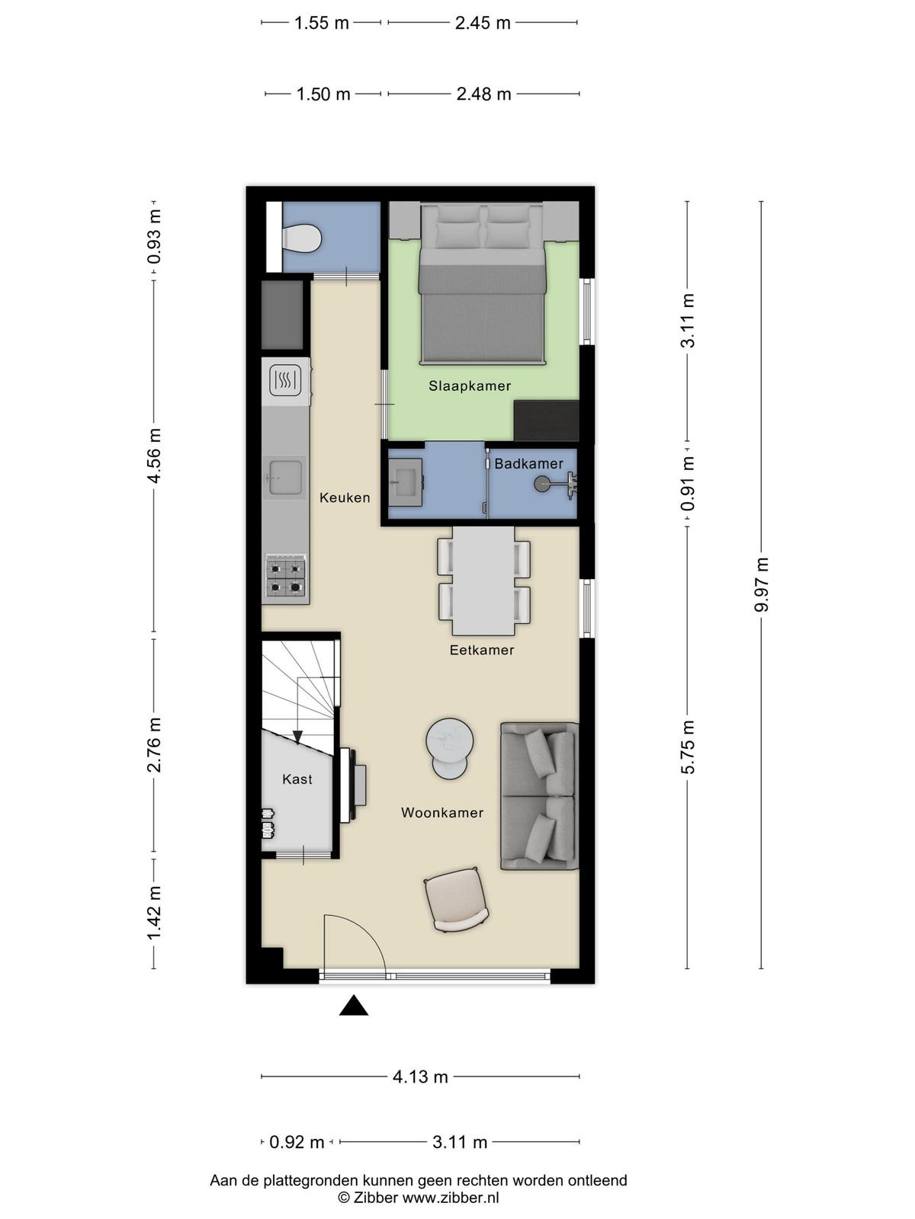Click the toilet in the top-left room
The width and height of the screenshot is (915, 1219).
click(302, 238)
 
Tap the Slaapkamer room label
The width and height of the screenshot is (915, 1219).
click(470, 386)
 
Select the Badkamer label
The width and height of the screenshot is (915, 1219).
click(528, 463)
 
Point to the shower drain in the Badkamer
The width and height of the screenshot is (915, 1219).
click(541, 485)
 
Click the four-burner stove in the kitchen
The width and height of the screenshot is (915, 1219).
click(285, 578)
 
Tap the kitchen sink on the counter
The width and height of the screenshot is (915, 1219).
click(284, 478)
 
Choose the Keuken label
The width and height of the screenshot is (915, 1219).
click(345, 498)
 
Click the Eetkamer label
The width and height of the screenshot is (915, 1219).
click(482, 650)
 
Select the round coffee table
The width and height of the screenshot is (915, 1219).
click(449, 748)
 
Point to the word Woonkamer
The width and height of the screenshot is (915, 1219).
click(442, 812)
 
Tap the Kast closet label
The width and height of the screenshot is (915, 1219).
click(297, 779)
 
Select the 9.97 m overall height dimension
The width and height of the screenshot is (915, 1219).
click(761, 584)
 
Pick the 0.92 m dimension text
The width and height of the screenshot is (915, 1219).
click(297, 1142)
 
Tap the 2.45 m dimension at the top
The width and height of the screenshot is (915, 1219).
click(483, 23)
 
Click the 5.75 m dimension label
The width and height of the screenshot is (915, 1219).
click(688, 747)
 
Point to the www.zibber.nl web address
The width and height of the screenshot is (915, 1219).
click(451, 1198)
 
